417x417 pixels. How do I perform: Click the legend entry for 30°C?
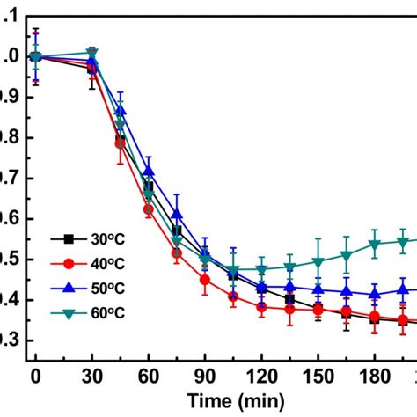(x=84, y=238)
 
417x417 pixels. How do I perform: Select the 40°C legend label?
(x=84, y=262)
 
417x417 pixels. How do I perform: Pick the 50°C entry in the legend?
(x=84, y=288)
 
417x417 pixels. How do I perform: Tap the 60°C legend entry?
(x=84, y=313)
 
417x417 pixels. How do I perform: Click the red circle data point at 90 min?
(x=205, y=281)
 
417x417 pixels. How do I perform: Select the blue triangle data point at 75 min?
(x=177, y=214)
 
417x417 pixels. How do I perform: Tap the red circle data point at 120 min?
(x=261, y=307)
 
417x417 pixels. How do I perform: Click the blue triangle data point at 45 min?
(x=121, y=111)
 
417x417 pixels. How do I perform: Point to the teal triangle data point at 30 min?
(x=92, y=54)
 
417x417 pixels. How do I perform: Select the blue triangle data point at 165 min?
(x=347, y=291)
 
